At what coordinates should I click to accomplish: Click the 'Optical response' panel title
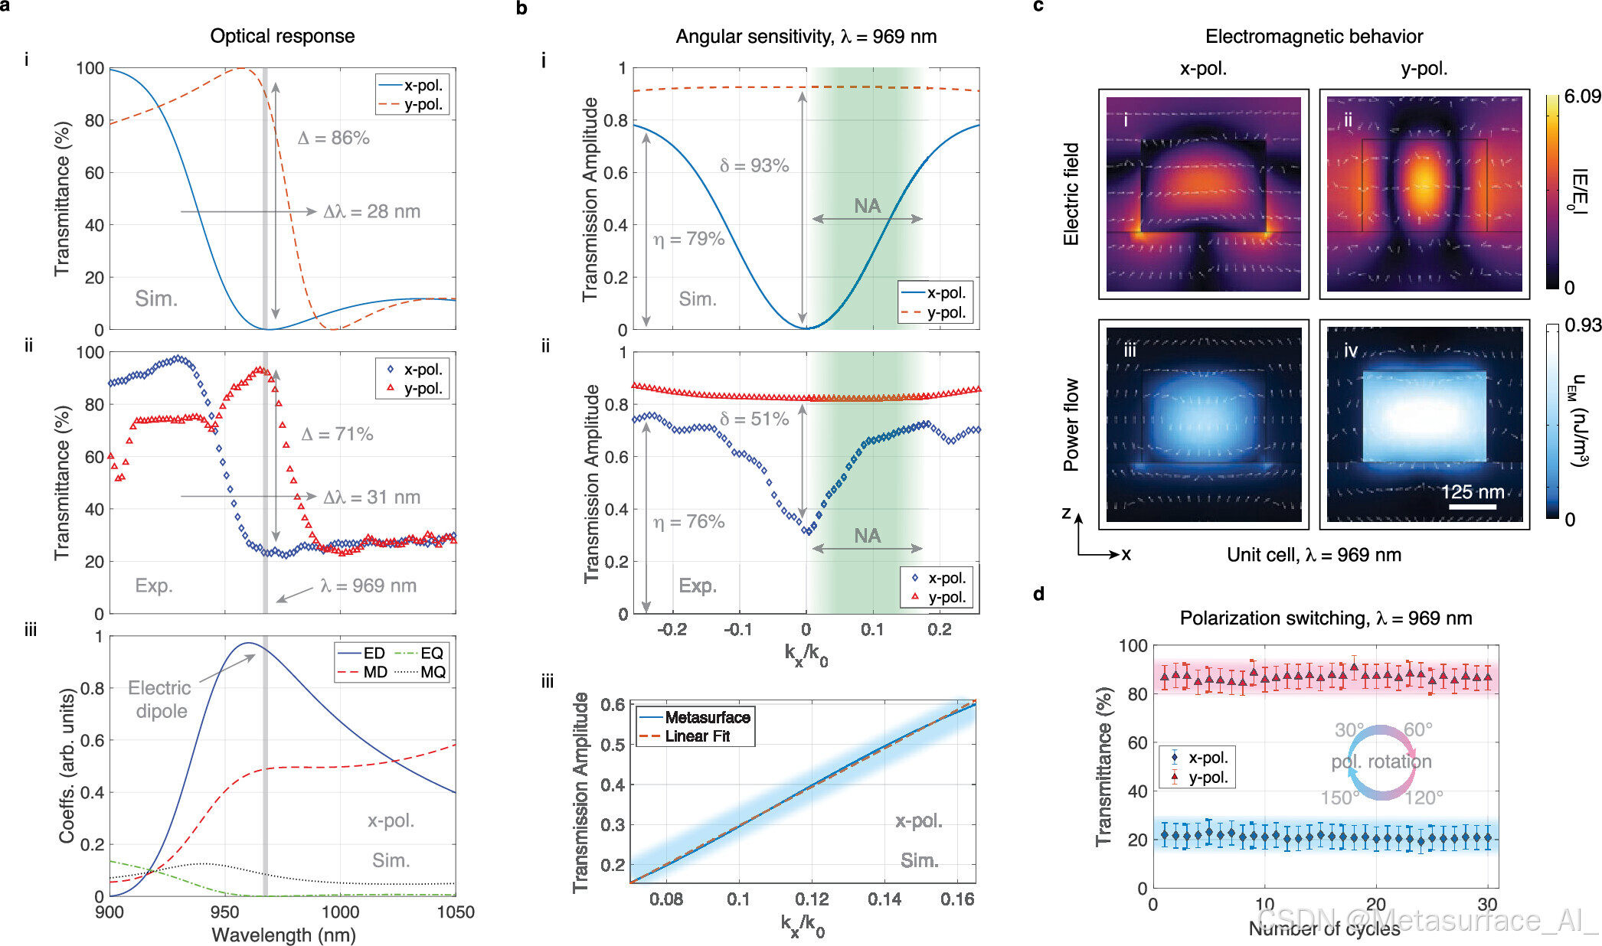282,36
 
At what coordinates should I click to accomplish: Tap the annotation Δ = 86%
334,138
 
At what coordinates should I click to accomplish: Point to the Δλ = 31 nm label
371,497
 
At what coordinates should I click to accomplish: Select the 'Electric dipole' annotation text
160,699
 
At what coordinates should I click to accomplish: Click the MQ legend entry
420,672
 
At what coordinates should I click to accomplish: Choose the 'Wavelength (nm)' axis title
283,935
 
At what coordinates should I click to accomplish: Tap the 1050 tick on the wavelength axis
455,912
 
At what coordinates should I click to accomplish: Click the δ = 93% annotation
754,165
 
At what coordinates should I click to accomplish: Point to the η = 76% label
688,521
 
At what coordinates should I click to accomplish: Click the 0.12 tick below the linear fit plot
812,899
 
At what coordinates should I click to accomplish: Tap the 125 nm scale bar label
1473,491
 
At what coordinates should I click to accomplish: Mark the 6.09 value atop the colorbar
1582,96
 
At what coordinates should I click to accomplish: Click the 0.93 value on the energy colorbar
1582,325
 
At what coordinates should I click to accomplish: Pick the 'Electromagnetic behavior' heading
1314,36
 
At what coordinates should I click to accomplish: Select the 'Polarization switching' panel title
1326,618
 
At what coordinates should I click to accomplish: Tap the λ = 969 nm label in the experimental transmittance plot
368,586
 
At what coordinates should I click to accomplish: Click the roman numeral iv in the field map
1351,351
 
